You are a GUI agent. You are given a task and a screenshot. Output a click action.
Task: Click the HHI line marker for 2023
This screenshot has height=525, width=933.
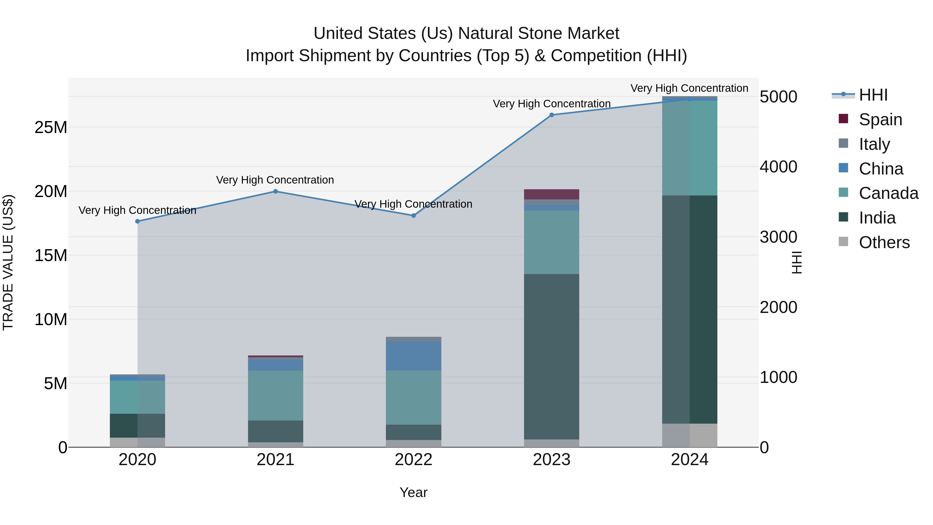[552, 115]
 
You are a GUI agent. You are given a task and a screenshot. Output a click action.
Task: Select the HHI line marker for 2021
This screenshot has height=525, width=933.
[275, 191]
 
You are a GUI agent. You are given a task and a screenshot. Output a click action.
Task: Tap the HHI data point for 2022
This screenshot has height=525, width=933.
[414, 216]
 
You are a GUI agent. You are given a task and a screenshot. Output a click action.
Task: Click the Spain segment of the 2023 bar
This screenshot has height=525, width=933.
[552, 194]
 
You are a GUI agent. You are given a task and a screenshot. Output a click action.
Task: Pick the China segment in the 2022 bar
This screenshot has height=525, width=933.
[414, 356]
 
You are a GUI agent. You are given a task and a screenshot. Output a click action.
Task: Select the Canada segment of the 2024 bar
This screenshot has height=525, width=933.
[690, 148]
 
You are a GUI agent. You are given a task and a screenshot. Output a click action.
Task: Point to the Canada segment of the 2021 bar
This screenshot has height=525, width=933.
[275, 395]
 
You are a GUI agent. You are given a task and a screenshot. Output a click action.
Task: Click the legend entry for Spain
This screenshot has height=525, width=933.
[880, 120]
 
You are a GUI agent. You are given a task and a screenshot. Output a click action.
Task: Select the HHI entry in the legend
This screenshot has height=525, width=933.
[873, 95]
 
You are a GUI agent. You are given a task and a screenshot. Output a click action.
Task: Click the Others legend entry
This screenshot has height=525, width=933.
[884, 242]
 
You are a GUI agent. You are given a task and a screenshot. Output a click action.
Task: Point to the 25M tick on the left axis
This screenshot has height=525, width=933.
[51, 128]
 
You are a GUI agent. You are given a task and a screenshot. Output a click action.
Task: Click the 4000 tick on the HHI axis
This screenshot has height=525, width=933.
[778, 167]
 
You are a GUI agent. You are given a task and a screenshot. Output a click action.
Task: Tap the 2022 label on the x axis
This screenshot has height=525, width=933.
[414, 460]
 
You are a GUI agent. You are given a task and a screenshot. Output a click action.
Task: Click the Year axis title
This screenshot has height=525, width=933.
[414, 492]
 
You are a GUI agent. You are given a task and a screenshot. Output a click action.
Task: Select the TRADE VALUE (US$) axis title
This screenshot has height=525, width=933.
[8, 262]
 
